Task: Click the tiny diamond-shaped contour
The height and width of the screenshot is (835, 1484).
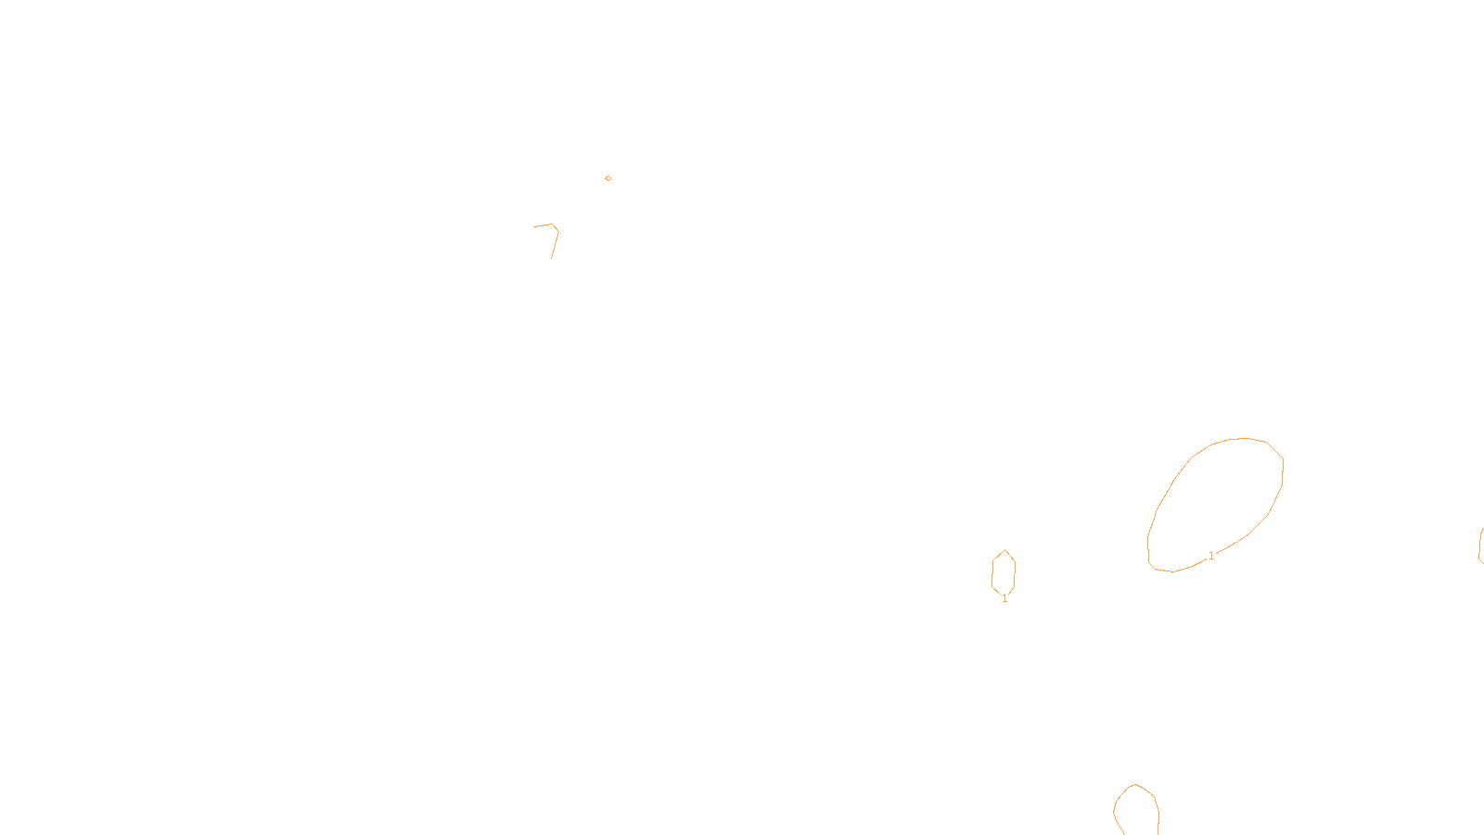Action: pos(608,178)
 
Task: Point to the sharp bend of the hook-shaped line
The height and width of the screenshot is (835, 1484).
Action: pos(555,225)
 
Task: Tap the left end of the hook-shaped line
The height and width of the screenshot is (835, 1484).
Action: pos(534,226)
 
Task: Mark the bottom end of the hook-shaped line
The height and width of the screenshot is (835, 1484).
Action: pos(552,257)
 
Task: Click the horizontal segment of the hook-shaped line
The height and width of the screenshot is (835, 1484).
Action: pos(544,225)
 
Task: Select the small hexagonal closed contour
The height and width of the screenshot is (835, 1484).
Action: pos(1004,572)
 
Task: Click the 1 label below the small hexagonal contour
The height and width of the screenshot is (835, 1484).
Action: pos(1004,599)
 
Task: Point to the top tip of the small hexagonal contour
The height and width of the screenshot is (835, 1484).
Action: pos(1004,550)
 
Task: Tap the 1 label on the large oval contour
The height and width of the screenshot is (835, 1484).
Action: pos(1211,556)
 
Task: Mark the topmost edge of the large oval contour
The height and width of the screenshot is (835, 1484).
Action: pos(1243,439)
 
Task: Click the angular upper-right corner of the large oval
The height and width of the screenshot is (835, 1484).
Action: pos(1282,458)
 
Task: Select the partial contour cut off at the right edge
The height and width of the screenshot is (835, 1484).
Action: pos(1480,546)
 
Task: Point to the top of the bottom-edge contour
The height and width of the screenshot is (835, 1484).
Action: pos(1135,785)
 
